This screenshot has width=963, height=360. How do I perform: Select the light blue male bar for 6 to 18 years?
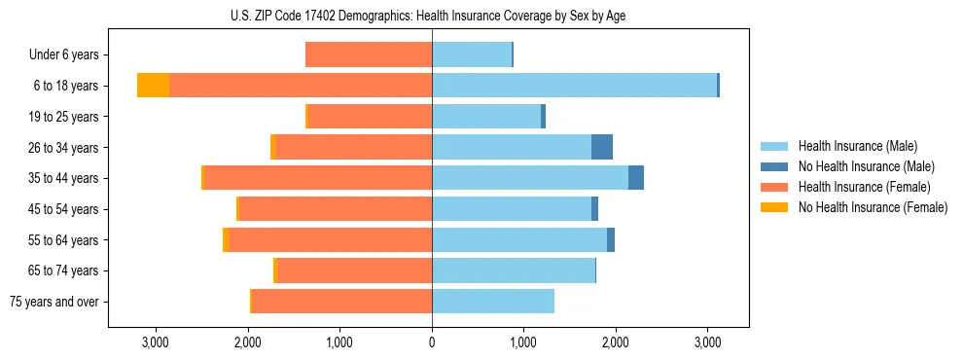pyautogui.click(x=574, y=86)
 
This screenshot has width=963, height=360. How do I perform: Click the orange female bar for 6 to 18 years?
pyautogui.click(x=302, y=86)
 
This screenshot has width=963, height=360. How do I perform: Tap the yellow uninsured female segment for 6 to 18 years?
pyautogui.click(x=153, y=86)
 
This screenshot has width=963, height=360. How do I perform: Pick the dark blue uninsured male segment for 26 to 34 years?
pyautogui.click(x=602, y=147)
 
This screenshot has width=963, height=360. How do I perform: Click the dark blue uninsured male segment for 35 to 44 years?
pyautogui.click(x=636, y=178)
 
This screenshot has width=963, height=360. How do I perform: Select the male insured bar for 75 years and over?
pyautogui.click(x=493, y=302)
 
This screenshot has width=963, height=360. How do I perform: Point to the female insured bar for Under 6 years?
pyautogui.click(x=369, y=55)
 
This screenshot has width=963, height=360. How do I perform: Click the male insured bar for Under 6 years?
pyautogui.click(x=472, y=55)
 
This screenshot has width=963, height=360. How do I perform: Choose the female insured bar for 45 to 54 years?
pyautogui.click(x=336, y=209)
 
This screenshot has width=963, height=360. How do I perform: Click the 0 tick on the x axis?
pyautogui.click(x=432, y=342)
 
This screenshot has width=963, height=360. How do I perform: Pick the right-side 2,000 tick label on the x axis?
pyautogui.click(x=616, y=342)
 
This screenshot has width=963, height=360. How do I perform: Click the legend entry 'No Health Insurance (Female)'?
pyautogui.click(x=873, y=207)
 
